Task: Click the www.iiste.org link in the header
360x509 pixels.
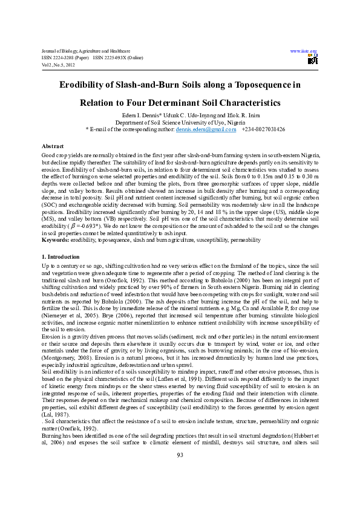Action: coord(304,51)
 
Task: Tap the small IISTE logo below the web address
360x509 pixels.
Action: coord(312,59)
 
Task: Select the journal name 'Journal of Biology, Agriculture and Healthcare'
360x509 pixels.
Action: coord(85,51)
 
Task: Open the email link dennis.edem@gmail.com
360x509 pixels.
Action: coord(206,129)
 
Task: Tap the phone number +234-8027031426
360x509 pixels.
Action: coord(263,129)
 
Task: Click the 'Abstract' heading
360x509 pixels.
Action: coord(53,147)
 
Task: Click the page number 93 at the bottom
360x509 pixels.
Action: coord(180,488)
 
